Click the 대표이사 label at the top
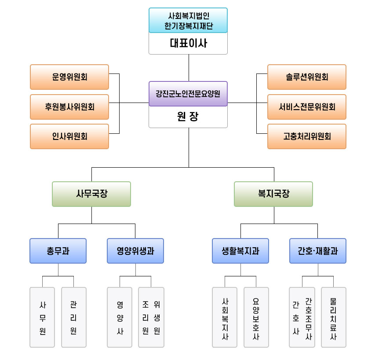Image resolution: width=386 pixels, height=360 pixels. [x=188, y=43]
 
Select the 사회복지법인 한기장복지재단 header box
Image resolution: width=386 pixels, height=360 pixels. [x=188, y=21]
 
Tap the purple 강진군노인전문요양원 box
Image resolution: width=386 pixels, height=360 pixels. [x=188, y=94]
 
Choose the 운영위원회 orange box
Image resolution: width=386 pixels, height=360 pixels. [x=69, y=77]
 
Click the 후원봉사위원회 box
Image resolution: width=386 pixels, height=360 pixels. [x=69, y=107]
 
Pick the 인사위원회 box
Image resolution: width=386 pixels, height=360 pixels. [x=69, y=136]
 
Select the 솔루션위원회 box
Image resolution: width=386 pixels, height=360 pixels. [x=307, y=77]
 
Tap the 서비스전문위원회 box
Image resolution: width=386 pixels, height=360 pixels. [x=307, y=107]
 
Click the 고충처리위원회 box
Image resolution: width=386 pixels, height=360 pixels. [x=307, y=136]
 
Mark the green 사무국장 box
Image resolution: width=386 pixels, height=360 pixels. [x=91, y=194]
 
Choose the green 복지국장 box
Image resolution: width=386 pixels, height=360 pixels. [x=273, y=194]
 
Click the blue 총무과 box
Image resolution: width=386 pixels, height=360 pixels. [x=58, y=251]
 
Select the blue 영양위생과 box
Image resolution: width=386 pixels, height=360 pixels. [x=135, y=251]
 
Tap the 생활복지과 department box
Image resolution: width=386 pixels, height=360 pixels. [x=240, y=251]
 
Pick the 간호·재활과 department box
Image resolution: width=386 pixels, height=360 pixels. [x=318, y=251]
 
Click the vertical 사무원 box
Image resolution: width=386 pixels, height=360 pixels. [x=42, y=317]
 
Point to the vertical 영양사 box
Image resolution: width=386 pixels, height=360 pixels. [x=120, y=317]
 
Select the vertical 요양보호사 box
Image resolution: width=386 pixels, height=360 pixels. [x=256, y=317]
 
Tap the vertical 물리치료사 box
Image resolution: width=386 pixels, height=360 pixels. [x=334, y=317]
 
